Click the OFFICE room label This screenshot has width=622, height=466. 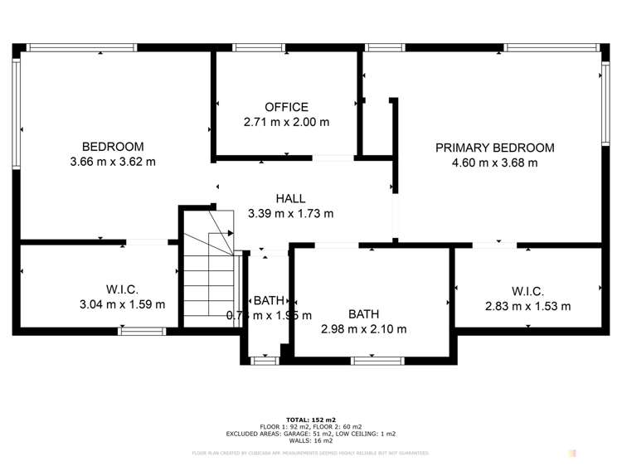pos(286,107)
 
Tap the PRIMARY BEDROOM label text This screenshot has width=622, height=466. pos(494,148)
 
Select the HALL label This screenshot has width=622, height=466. pos(290,199)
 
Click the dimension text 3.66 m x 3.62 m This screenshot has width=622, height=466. pos(113,162)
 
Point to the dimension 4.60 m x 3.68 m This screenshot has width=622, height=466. pos(494,163)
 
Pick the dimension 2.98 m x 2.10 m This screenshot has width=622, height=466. pos(363,329)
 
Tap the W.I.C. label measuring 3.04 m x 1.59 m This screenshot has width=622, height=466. pos(122,289)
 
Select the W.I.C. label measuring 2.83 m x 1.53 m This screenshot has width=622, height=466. pos(527,291)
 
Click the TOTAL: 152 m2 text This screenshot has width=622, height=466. pos(310,419)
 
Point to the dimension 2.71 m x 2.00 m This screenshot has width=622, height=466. pos(286,122)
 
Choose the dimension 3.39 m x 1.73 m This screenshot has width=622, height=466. pos(290,214)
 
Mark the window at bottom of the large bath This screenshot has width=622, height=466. pos(377,361)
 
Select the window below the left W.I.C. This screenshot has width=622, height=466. pos(142,332)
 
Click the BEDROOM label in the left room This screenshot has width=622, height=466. pos(113,147)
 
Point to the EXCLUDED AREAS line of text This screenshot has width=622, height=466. pos(310,434)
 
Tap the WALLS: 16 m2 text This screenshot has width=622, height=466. pos(310,440)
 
